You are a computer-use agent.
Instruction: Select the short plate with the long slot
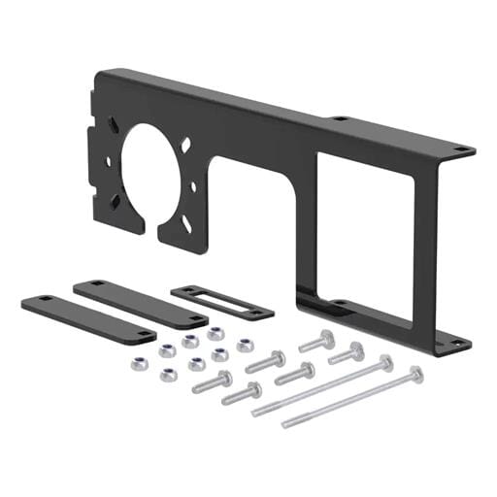222,303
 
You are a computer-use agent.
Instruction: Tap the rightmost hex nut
244,345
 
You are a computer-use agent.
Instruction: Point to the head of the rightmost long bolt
415,373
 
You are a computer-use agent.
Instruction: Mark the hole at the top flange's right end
461,149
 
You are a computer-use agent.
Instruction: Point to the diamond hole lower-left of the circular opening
116,200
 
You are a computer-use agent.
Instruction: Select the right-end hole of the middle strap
197,317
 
